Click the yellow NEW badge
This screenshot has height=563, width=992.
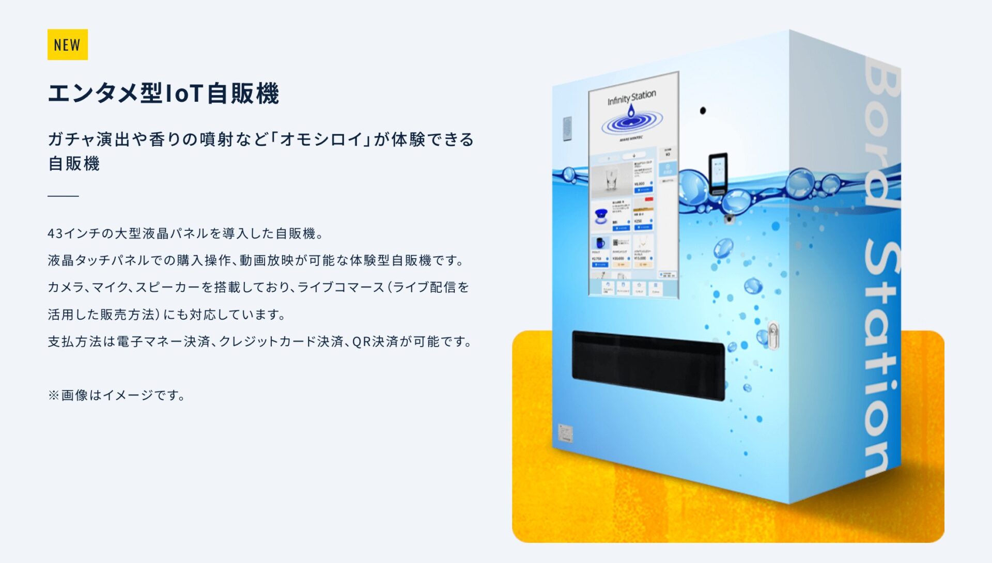tap(67, 44)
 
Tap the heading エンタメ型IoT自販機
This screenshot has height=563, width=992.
tap(163, 93)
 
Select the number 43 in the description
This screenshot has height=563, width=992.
tap(55, 233)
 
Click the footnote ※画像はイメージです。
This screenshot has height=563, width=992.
tap(117, 395)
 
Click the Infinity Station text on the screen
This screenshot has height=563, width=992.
tap(631, 97)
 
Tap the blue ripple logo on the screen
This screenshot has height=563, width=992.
tap(631, 122)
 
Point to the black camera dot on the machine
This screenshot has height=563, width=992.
tap(703, 111)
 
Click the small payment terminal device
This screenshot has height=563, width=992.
tap(718, 174)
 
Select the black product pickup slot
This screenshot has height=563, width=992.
tap(648, 365)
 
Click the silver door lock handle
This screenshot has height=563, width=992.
tap(773, 335)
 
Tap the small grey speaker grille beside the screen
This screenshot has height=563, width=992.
tap(567, 128)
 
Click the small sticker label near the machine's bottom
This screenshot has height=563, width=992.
tap(565, 433)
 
